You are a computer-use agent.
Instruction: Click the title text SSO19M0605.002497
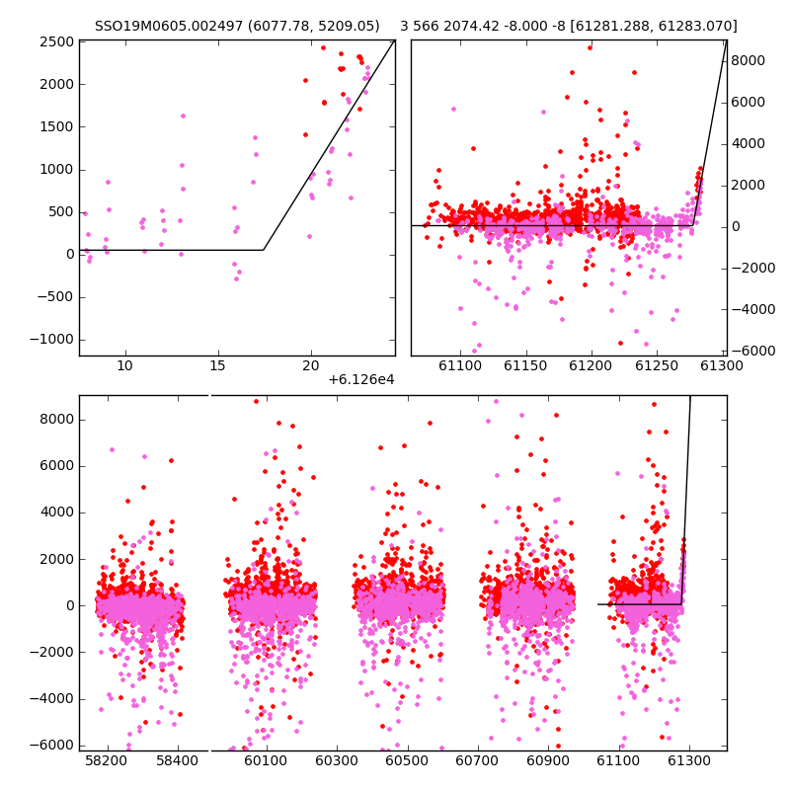(169, 26)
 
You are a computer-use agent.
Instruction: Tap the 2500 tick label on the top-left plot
(57, 41)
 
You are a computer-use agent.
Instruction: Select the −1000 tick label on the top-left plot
(52, 340)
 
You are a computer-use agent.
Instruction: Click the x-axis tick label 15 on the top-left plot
(217, 365)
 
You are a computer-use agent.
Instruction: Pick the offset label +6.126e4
(361, 380)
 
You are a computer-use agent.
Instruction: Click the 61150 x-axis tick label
(525, 365)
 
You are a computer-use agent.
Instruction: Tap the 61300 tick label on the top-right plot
(722, 365)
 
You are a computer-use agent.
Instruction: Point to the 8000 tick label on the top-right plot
(748, 60)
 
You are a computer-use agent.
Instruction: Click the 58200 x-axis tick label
(107, 760)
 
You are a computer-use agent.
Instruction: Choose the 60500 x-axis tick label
(407, 760)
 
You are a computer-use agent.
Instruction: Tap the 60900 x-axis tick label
(548, 760)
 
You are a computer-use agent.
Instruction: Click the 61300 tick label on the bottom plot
(689, 760)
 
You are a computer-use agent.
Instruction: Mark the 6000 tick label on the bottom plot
(57, 466)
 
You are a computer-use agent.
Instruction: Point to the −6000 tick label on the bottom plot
(52, 746)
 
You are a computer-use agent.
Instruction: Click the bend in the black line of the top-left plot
(264, 250)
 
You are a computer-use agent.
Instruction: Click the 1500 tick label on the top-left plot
(57, 127)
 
